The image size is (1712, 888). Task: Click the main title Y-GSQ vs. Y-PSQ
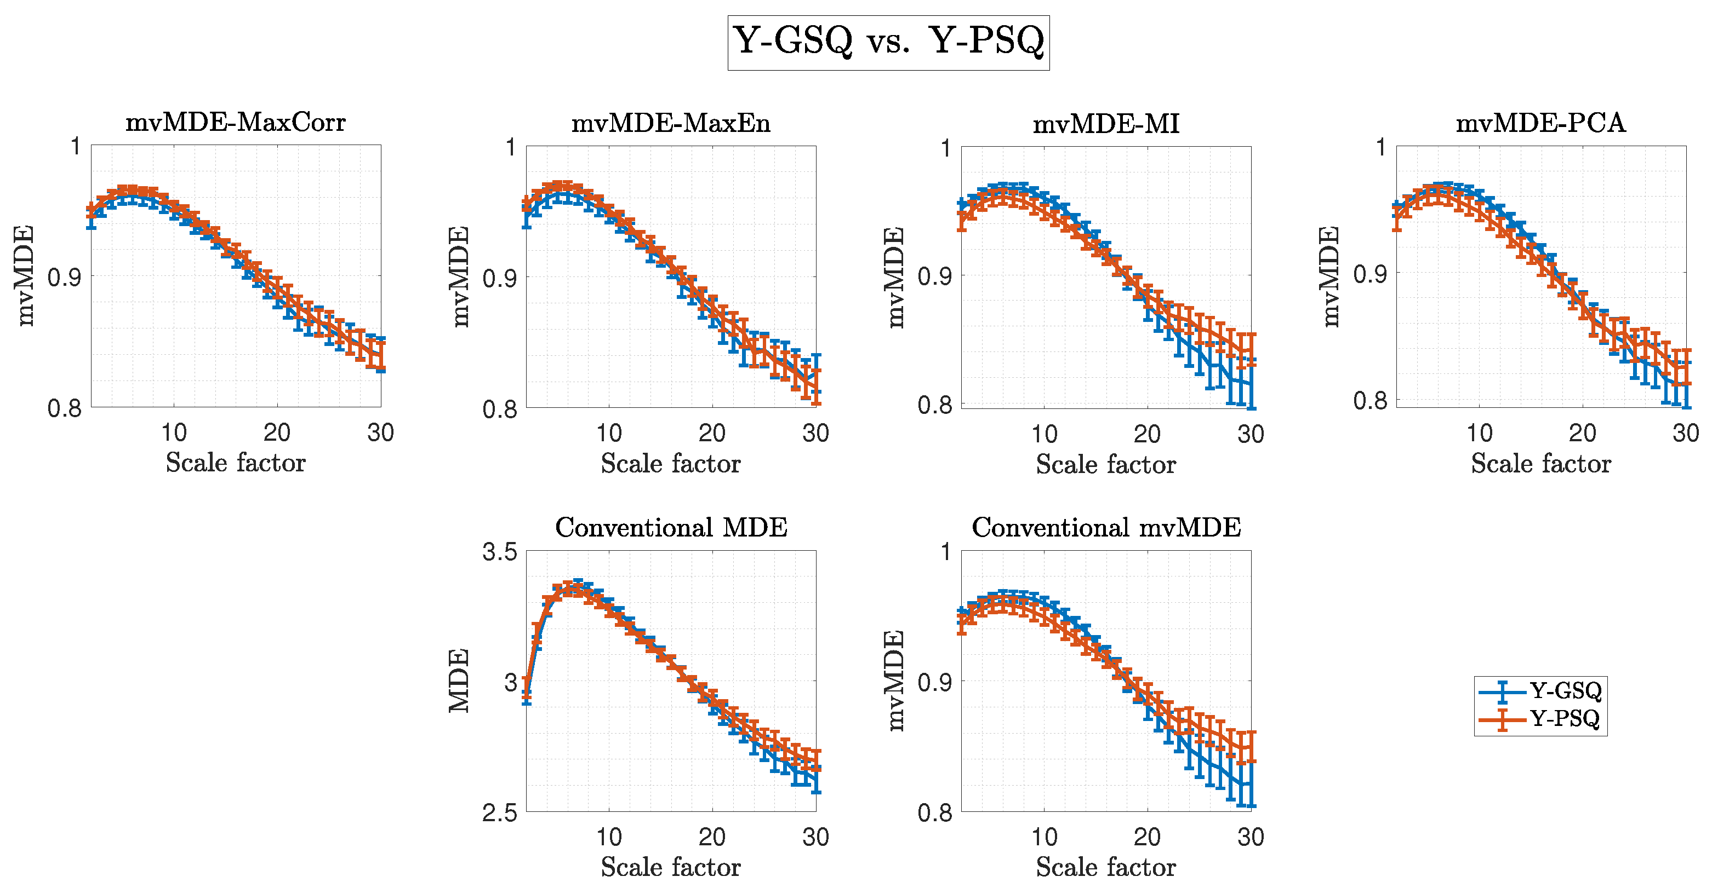tap(888, 42)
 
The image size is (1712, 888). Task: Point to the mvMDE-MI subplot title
tap(1106, 124)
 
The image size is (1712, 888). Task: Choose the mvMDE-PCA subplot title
tap(1540, 123)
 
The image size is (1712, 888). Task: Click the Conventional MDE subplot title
tap(671, 527)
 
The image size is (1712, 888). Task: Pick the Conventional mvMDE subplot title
tap(1106, 527)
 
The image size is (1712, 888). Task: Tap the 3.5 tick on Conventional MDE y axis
tap(500, 552)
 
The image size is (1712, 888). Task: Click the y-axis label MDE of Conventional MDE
tap(459, 681)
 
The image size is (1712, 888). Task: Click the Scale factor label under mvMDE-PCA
tap(1540, 463)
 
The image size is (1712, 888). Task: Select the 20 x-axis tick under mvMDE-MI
tap(1147, 434)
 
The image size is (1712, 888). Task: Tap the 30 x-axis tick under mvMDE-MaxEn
tap(815, 433)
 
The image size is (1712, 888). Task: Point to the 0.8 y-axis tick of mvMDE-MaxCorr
tap(65, 408)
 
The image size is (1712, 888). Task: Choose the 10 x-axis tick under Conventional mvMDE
tap(1044, 837)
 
